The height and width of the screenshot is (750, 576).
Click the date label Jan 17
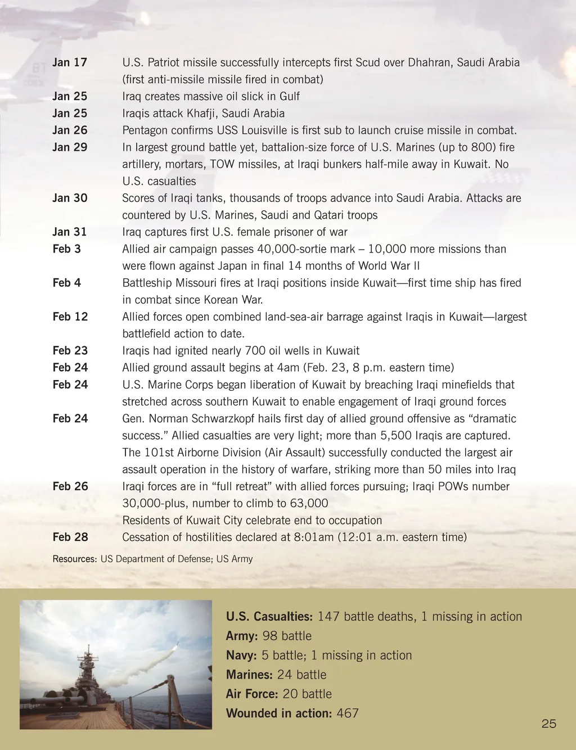pos(70,62)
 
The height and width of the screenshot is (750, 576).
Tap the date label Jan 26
pos(70,130)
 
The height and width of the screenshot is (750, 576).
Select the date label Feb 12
pos(70,317)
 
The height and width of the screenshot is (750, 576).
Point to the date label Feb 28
pos(70,537)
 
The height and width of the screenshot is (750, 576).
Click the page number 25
pos(549,724)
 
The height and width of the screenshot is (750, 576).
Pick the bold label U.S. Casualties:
pos(269,617)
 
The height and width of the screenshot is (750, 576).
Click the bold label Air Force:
pos(251,694)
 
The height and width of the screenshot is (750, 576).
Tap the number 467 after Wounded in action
pos(348,713)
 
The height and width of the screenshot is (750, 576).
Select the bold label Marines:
pos(249,675)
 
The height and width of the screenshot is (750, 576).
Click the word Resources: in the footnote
pos(75,559)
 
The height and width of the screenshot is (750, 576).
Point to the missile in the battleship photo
pos(175,645)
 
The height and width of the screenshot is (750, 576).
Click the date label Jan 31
pos(70,232)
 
